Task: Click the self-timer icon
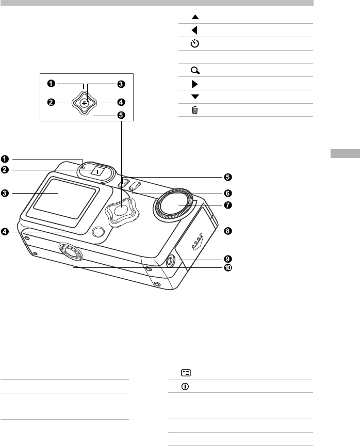click(x=194, y=43)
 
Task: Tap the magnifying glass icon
click(x=195, y=70)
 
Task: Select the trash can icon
click(x=194, y=110)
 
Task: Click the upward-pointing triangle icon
click(x=195, y=17)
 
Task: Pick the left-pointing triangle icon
click(x=194, y=30)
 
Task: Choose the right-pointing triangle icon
click(x=195, y=84)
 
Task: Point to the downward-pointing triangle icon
click(x=195, y=97)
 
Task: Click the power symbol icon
click(x=185, y=387)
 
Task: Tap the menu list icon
click(x=186, y=373)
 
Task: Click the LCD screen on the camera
click(x=65, y=198)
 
